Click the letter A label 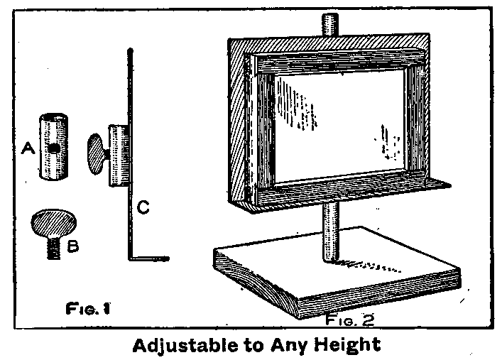click(x=28, y=148)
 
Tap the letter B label click(x=73, y=246)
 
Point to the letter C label click(x=143, y=207)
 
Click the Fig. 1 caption click(x=88, y=309)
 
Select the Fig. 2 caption click(x=350, y=320)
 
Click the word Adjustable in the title click(x=185, y=346)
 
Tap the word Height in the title click(x=348, y=345)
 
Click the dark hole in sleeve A click(x=55, y=148)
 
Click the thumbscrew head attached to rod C click(x=97, y=154)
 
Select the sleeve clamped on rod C click(x=119, y=156)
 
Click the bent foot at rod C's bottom click(x=149, y=258)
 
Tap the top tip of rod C click(x=130, y=50)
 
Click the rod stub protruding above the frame click(x=329, y=25)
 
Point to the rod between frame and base click(x=330, y=234)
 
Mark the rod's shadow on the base click(x=369, y=266)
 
